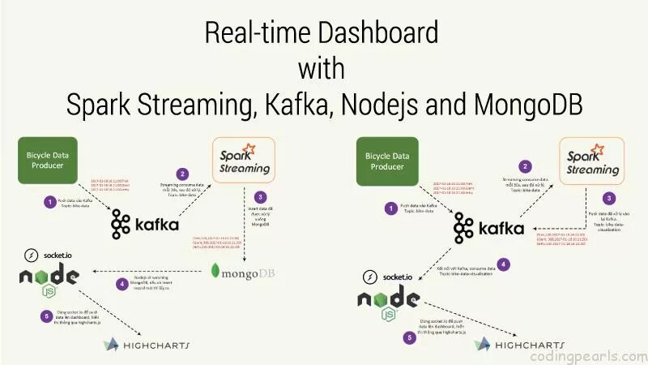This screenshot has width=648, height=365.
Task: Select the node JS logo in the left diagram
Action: (x=49, y=279)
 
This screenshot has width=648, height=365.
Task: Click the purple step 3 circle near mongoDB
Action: (x=259, y=197)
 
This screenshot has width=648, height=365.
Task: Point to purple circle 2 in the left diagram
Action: (x=183, y=174)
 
